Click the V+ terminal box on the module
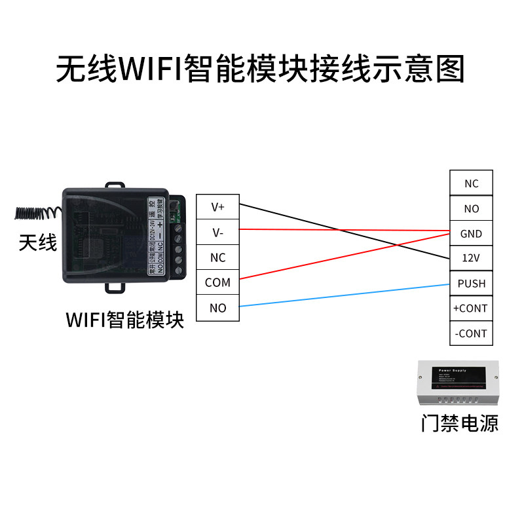tap(217, 207)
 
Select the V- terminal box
tap(217, 233)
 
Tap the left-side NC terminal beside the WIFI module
tap(217, 257)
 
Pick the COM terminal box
tap(217, 282)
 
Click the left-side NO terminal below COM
tap(217, 308)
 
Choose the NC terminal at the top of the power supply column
tap(471, 183)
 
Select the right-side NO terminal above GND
tap(471, 208)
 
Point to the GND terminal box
tap(471, 233)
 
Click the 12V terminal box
tap(471, 258)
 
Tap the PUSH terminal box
tap(471, 283)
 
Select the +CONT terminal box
tap(471, 308)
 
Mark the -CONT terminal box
tap(471, 333)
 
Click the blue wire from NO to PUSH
tap(344, 295)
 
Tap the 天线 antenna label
tap(38, 244)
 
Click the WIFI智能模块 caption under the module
tap(125, 320)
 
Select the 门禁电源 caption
tap(460, 423)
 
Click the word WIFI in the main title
tap(152, 69)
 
